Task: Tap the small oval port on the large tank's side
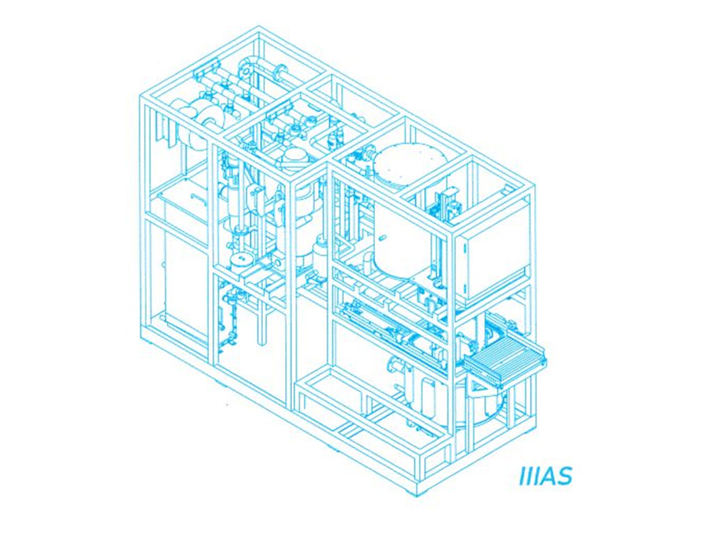point(382,239)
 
